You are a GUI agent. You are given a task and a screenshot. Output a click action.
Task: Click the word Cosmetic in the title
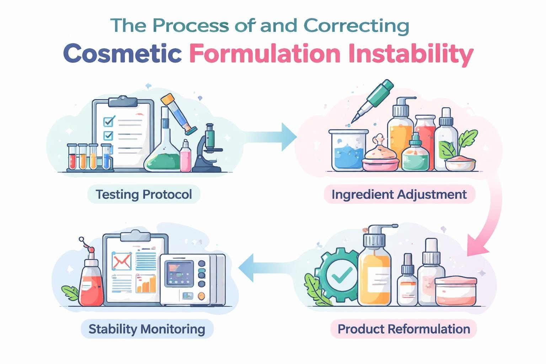123,54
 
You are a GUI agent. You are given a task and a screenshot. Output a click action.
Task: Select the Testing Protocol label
144,194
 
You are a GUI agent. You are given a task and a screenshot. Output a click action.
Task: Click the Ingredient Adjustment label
399,194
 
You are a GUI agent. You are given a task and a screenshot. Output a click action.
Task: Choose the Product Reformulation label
403,329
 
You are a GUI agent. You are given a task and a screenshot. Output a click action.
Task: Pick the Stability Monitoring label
147,329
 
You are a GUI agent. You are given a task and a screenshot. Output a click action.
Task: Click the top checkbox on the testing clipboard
108,121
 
